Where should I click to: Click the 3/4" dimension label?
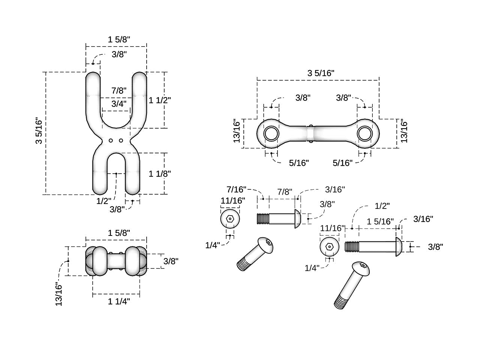pyautogui.click(x=119, y=103)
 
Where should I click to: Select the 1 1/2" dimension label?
pyautogui.click(x=160, y=100)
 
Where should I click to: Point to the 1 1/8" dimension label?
pyautogui.click(x=160, y=173)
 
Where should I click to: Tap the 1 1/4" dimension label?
pyautogui.click(x=119, y=301)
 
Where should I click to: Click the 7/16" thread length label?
pyautogui.click(x=236, y=189)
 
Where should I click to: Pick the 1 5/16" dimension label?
pyautogui.click(x=380, y=221)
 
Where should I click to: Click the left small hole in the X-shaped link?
pyautogui.click(x=111, y=141)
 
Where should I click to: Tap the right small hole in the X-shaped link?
pyautogui.click(x=121, y=141)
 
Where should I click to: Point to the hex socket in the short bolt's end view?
pyautogui.click(x=230, y=219)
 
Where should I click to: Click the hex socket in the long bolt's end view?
pyautogui.click(x=330, y=247)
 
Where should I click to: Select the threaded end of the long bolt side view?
pyautogui.click(x=352, y=247)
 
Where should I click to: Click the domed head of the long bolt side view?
pyautogui.click(x=399, y=247)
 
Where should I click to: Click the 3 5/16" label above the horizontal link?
pyautogui.click(x=321, y=73)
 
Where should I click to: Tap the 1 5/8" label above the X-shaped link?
pyautogui.click(x=119, y=39)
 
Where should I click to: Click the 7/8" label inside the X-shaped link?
pyautogui.click(x=119, y=90)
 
